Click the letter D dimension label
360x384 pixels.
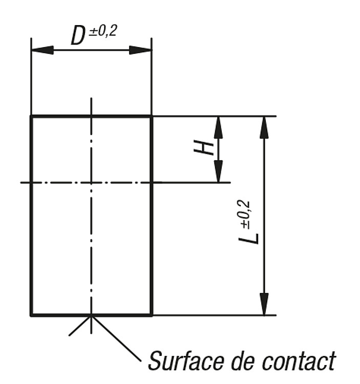[78, 36]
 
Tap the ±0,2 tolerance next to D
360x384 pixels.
[102, 31]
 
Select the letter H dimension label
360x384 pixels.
[204, 147]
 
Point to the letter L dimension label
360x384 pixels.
[248, 239]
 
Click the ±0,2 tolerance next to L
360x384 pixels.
[244, 215]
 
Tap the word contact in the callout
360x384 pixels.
[299, 361]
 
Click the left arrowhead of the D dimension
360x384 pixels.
[43, 50]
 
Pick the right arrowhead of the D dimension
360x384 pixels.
[140, 50]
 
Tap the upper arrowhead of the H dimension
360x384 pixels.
[219, 127]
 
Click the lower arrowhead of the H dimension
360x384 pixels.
[219, 171]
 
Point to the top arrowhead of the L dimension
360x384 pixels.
[264, 127]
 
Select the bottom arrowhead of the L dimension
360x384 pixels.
[264, 304]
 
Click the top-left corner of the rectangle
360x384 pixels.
[31, 116]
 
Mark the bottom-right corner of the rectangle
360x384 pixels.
[152, 315]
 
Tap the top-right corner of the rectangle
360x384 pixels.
[152, 116]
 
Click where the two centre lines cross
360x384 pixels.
[91, 182]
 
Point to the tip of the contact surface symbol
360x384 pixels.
[91, 316]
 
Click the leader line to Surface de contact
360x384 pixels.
[116, 338]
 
